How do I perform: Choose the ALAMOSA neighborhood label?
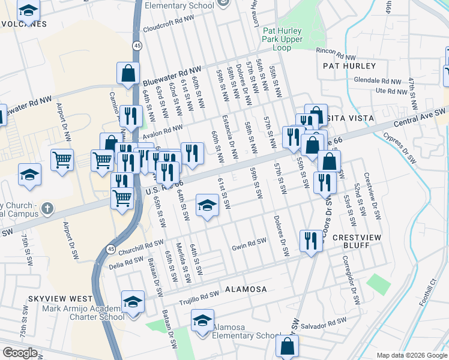246,289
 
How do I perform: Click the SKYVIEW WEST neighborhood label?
60,298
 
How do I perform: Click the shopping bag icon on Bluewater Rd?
128,74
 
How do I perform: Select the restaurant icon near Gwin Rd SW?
310,242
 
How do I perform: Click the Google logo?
20,353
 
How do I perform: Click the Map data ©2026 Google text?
412,355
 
